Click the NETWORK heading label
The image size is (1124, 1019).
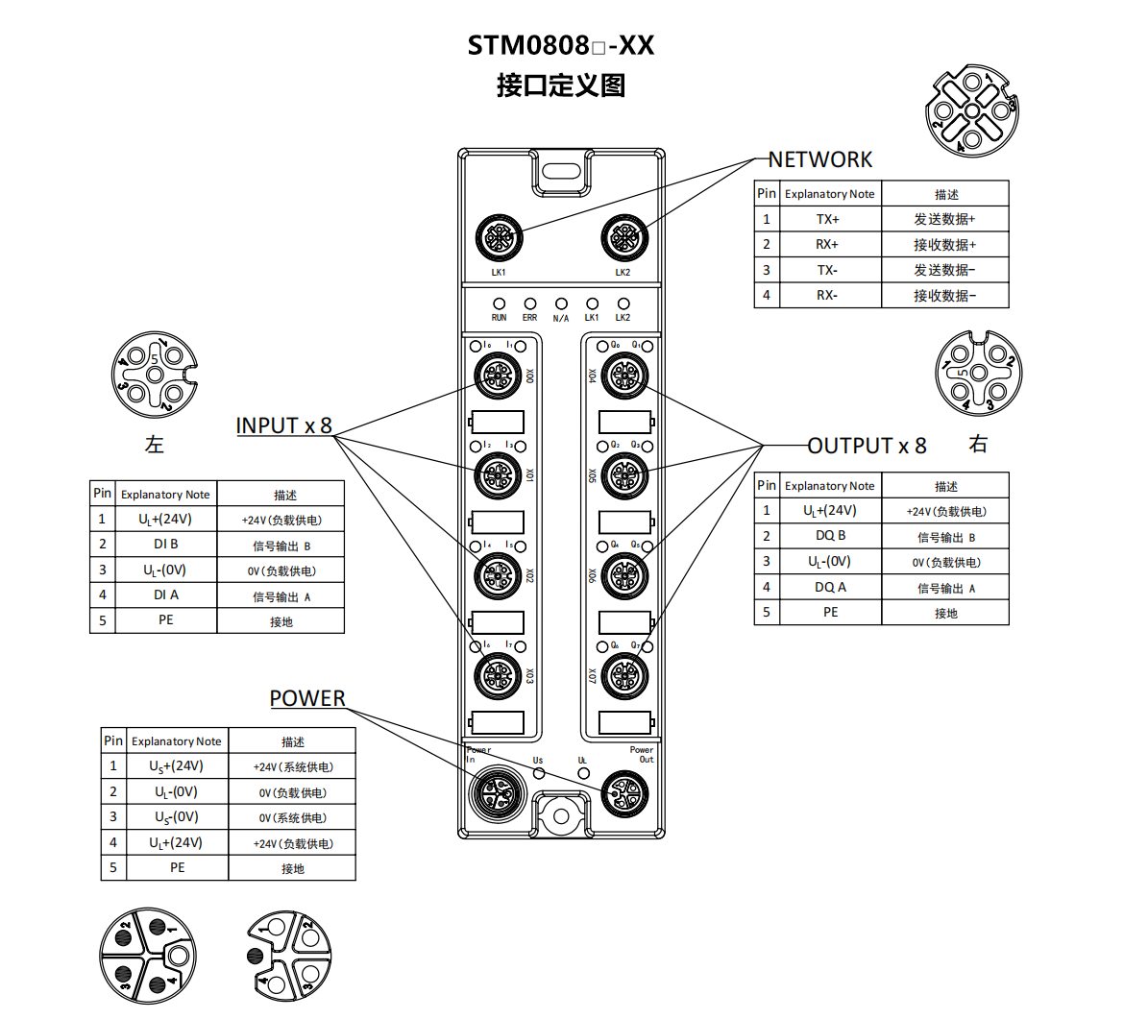click(x=819, y=159)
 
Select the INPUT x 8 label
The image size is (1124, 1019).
click(x=283, y=425)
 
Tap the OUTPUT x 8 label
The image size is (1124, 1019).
click(x=867, y=446)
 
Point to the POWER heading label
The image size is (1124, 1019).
click(x=307, y=698)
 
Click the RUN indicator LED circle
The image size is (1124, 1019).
click(x=499, y=304)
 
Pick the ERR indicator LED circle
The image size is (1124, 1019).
click(x=529, y=304)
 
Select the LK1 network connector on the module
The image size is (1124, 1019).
click(x=499, y=236)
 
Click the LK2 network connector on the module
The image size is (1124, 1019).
click(x=623, y=236)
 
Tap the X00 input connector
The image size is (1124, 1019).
click(x=498, y=375)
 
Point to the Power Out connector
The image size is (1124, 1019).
click(x=624, y=793)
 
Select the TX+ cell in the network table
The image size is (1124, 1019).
click(x=828, y=219)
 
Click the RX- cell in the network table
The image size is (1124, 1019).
click(x=828, y=296)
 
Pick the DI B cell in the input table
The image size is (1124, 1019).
click(x=166, y=545)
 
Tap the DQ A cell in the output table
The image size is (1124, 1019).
click(x=830, y=588)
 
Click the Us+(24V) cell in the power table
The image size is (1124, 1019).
click(x=176, y=766)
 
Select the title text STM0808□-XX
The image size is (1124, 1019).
click(x=561, y=45)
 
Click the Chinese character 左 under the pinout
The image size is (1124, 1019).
click(x=154, y=444)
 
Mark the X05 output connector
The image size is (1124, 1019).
click(x=624, y=474)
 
